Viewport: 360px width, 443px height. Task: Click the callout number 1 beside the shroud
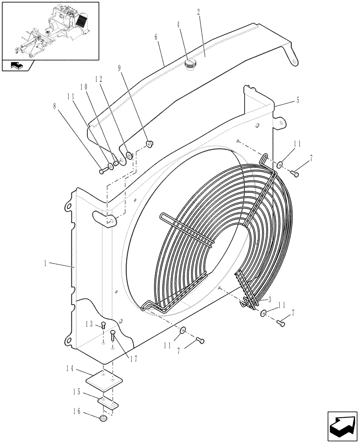46,263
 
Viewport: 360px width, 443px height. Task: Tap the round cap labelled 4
191,65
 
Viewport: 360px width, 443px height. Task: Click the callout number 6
156,39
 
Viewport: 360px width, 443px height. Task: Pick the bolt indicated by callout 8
103,170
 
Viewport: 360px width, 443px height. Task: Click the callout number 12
99,79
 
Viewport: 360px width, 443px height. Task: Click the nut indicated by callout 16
104,419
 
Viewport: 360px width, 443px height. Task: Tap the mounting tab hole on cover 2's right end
293,62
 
